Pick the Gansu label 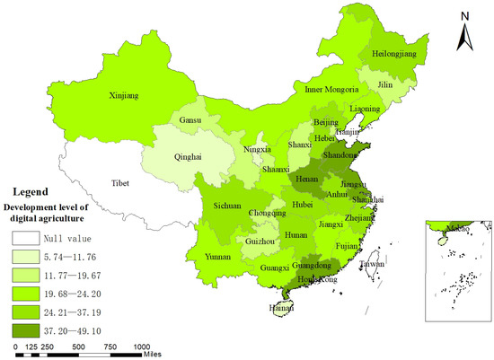point(216,120)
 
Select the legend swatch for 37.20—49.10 point(27,329)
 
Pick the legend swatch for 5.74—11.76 point(27,257)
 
